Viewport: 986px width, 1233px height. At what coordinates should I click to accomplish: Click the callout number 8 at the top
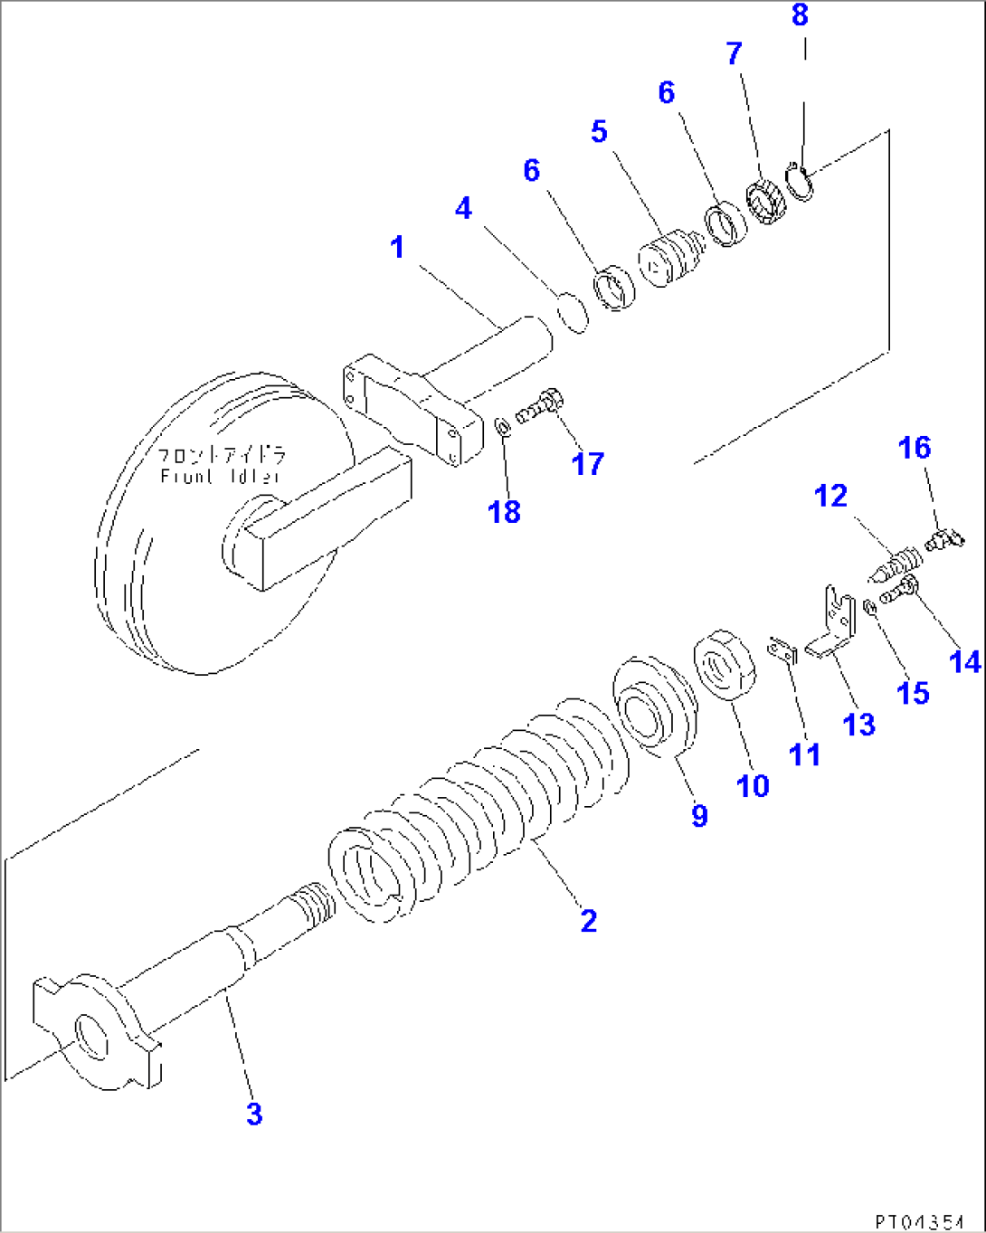coord(800,15)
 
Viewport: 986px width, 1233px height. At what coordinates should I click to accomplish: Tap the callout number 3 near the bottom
coord(254,1114)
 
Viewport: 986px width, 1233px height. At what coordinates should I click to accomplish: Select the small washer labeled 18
coord(503,425)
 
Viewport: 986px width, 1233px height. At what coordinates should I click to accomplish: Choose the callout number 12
coord(830,496)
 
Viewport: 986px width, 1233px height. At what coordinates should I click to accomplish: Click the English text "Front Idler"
coord(221,476)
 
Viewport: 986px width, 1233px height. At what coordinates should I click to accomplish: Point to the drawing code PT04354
coord(918,1221)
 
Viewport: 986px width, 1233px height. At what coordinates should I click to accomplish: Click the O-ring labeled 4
coord(573,311)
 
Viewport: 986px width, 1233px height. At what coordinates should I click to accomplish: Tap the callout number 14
coord(964,662)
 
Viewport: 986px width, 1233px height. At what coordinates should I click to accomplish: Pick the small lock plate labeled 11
coord(782,651)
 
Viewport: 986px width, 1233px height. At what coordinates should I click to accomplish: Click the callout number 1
coord(397,247)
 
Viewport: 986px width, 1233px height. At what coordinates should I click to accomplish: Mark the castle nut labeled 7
coord(766,204)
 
